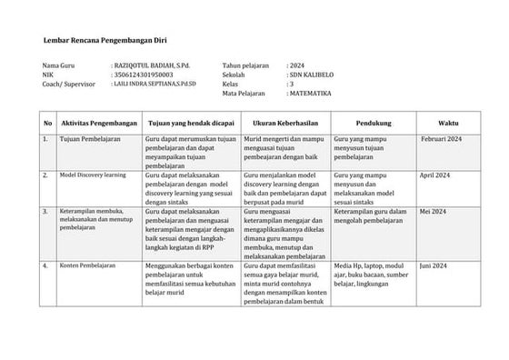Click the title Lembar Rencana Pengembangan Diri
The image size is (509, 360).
pos(105,42)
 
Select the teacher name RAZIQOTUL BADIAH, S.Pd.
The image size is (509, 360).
pos(157,66)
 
